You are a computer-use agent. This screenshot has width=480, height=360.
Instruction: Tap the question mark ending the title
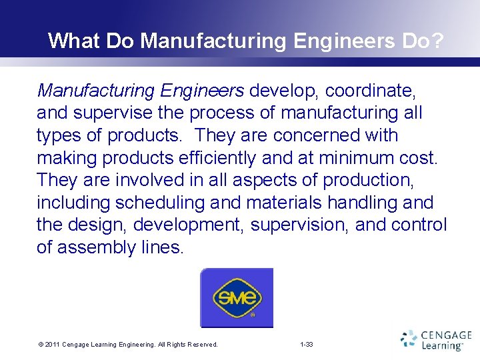tap(437, 41)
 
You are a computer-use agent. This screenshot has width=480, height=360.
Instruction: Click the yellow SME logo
tap(237, 297)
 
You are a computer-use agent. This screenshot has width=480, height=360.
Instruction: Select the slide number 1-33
tap(307, 345)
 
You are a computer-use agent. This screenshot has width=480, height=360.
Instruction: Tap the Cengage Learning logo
tap(436, 339)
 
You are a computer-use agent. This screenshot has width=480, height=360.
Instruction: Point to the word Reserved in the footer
tap(201, 345)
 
